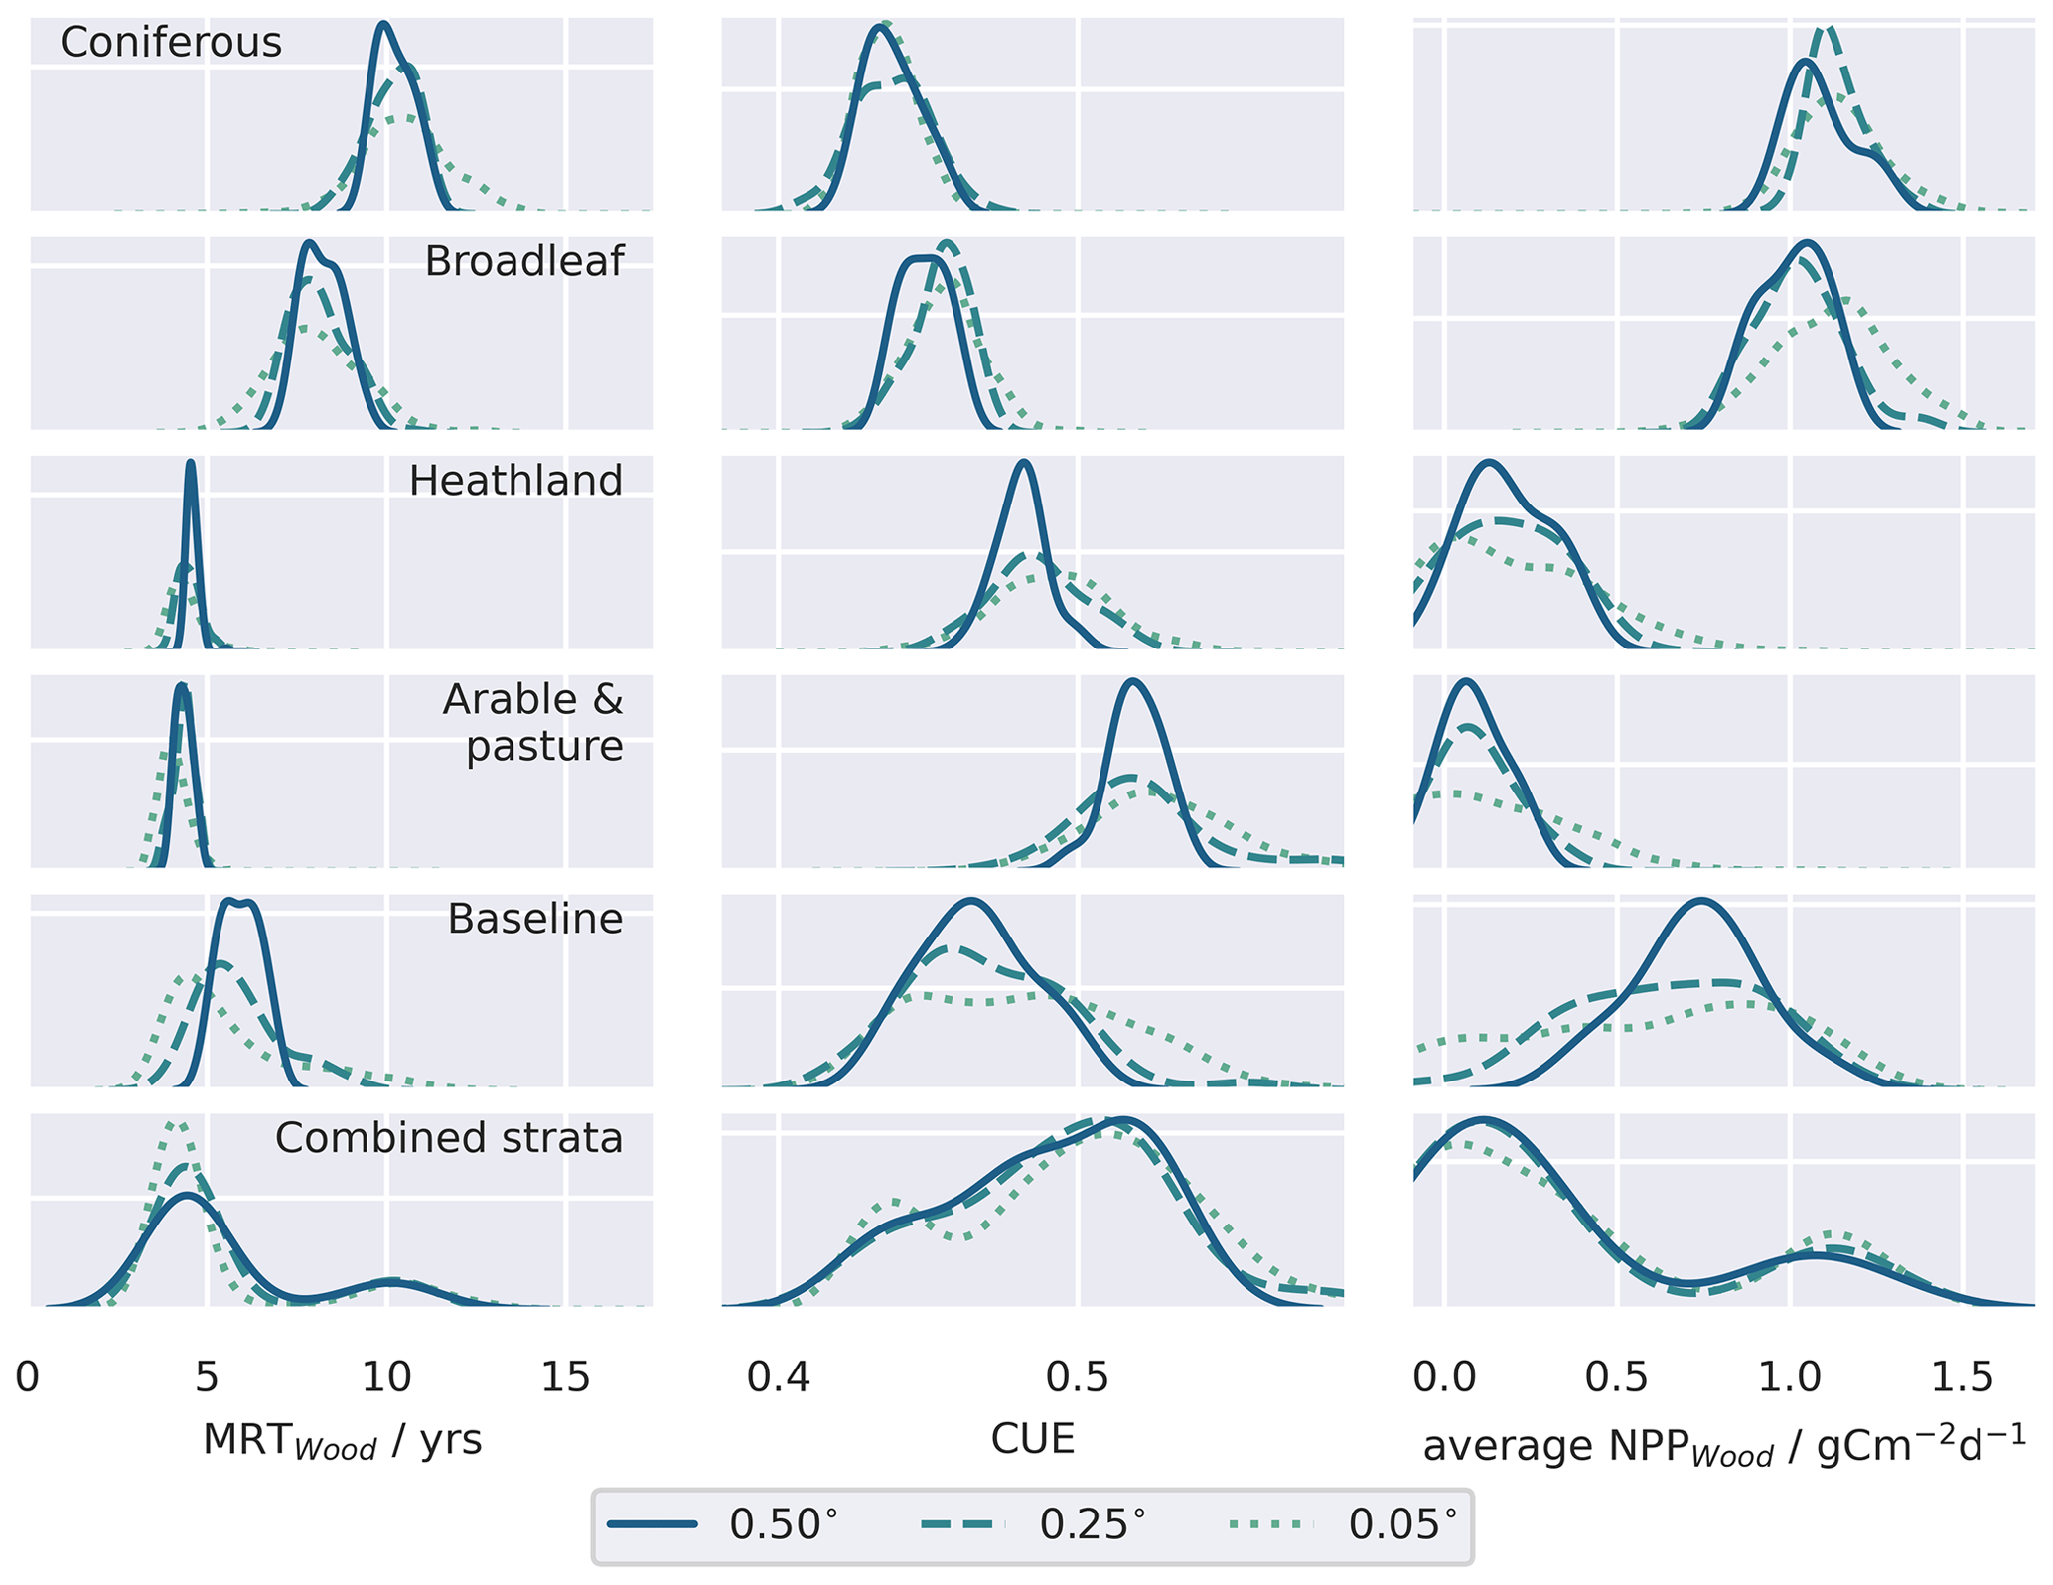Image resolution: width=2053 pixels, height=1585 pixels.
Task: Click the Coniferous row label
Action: pyautogui.click(x=171, y=43)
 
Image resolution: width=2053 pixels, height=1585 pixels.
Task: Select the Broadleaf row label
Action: pyautogui.click(x=523, y=262)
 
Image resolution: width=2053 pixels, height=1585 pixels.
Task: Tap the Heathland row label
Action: pyautogui.click(x=515, y=482)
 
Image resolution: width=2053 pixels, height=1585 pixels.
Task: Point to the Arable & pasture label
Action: pyautogui.click(x=533, y=723)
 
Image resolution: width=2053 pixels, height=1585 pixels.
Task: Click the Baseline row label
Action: pyautogui.click(x=534, y=920)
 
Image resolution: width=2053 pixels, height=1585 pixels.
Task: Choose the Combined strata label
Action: pyautogui.click(x=449, y=1139)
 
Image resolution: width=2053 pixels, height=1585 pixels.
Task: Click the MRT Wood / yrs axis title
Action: pyautogui.click(x=342, y=1440)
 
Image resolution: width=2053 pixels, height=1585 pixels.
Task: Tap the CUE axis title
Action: pyautogui.click(x=1033, y=1439)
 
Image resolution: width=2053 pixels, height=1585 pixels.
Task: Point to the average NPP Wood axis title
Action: pyautogui.click(x=1724, y=1446)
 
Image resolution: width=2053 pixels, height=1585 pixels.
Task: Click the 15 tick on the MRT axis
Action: pyautogui.click(x=565, y=1378)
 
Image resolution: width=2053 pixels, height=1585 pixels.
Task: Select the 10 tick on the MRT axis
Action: pyautogui.click(x=386, y=1378)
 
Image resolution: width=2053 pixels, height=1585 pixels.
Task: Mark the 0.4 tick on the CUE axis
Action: pyautogui.click(x=780, y=1378)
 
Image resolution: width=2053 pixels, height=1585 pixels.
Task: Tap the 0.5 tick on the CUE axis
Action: pyautogui.click(x=1080, y=1378)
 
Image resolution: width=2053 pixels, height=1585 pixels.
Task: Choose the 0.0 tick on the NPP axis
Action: pyautogui.click(x=1446, y=1378)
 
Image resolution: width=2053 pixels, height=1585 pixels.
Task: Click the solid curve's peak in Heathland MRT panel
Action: pyautogui.click(x=191, y=463)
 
